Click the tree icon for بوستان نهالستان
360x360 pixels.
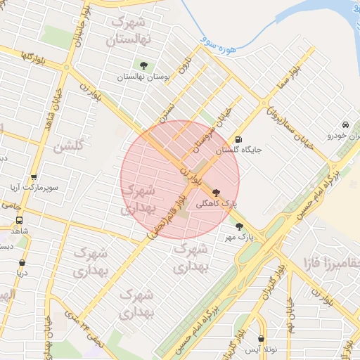144,65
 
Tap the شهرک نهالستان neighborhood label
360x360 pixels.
129,32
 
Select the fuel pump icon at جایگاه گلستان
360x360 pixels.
239,139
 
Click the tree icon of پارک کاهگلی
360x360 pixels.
215,193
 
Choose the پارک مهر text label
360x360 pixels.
239,238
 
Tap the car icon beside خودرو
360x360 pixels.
345,124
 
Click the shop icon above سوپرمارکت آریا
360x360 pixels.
33,176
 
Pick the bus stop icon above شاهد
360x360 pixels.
19,219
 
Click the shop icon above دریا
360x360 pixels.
22,264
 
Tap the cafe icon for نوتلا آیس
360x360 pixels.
262,339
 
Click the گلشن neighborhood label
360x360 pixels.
67,147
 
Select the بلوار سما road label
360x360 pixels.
295,75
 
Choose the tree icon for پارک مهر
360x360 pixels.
239,226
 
